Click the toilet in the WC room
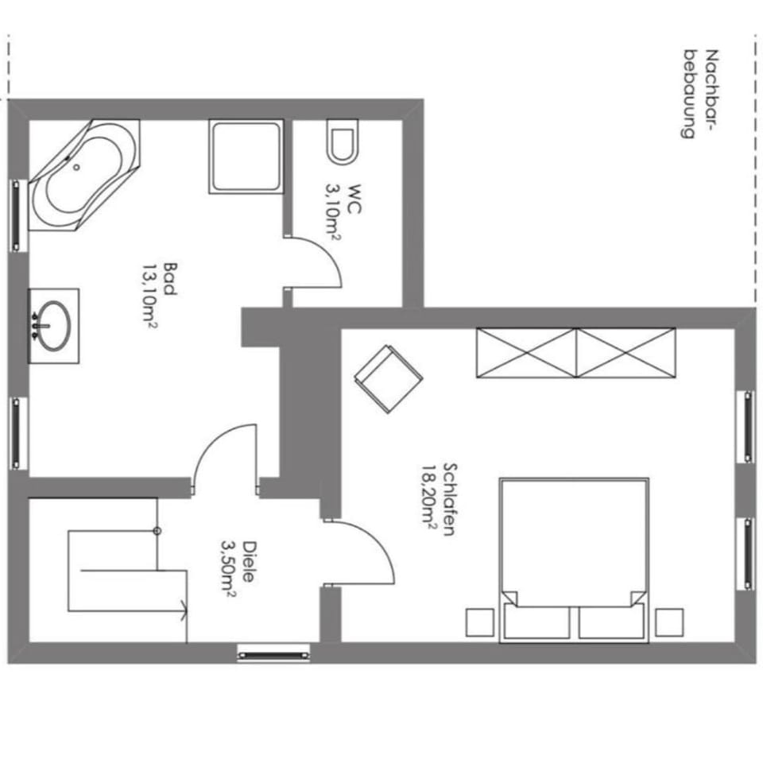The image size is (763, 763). pyautogui.click(x=343, y=141)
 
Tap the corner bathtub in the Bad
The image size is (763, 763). pyautogui.click(x=83, y=175)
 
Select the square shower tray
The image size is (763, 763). pyautogui.click(x=246, y=157)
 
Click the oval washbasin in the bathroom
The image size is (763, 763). pyautogui.click(x=53, y=326)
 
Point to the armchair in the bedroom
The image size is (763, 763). pyautogui.click(x=389, y=379)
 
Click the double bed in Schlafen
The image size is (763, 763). pyautogui.click(x=574, y=560)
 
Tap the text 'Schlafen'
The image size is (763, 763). pyautogui.click(x=450, y=499)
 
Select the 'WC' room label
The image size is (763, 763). pyautogui.click(x=354, y=199)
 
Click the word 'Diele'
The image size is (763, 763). pyautogui.click(x=249, y=562)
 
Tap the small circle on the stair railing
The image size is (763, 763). pyautogui.click(x=157, y=531)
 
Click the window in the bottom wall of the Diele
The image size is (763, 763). pyautogui.click(x=273, y=655)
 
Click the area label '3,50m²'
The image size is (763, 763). pyautogui.click(x=229, y=568)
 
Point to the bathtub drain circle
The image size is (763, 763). pyautogui.click(x=76, y=167)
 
